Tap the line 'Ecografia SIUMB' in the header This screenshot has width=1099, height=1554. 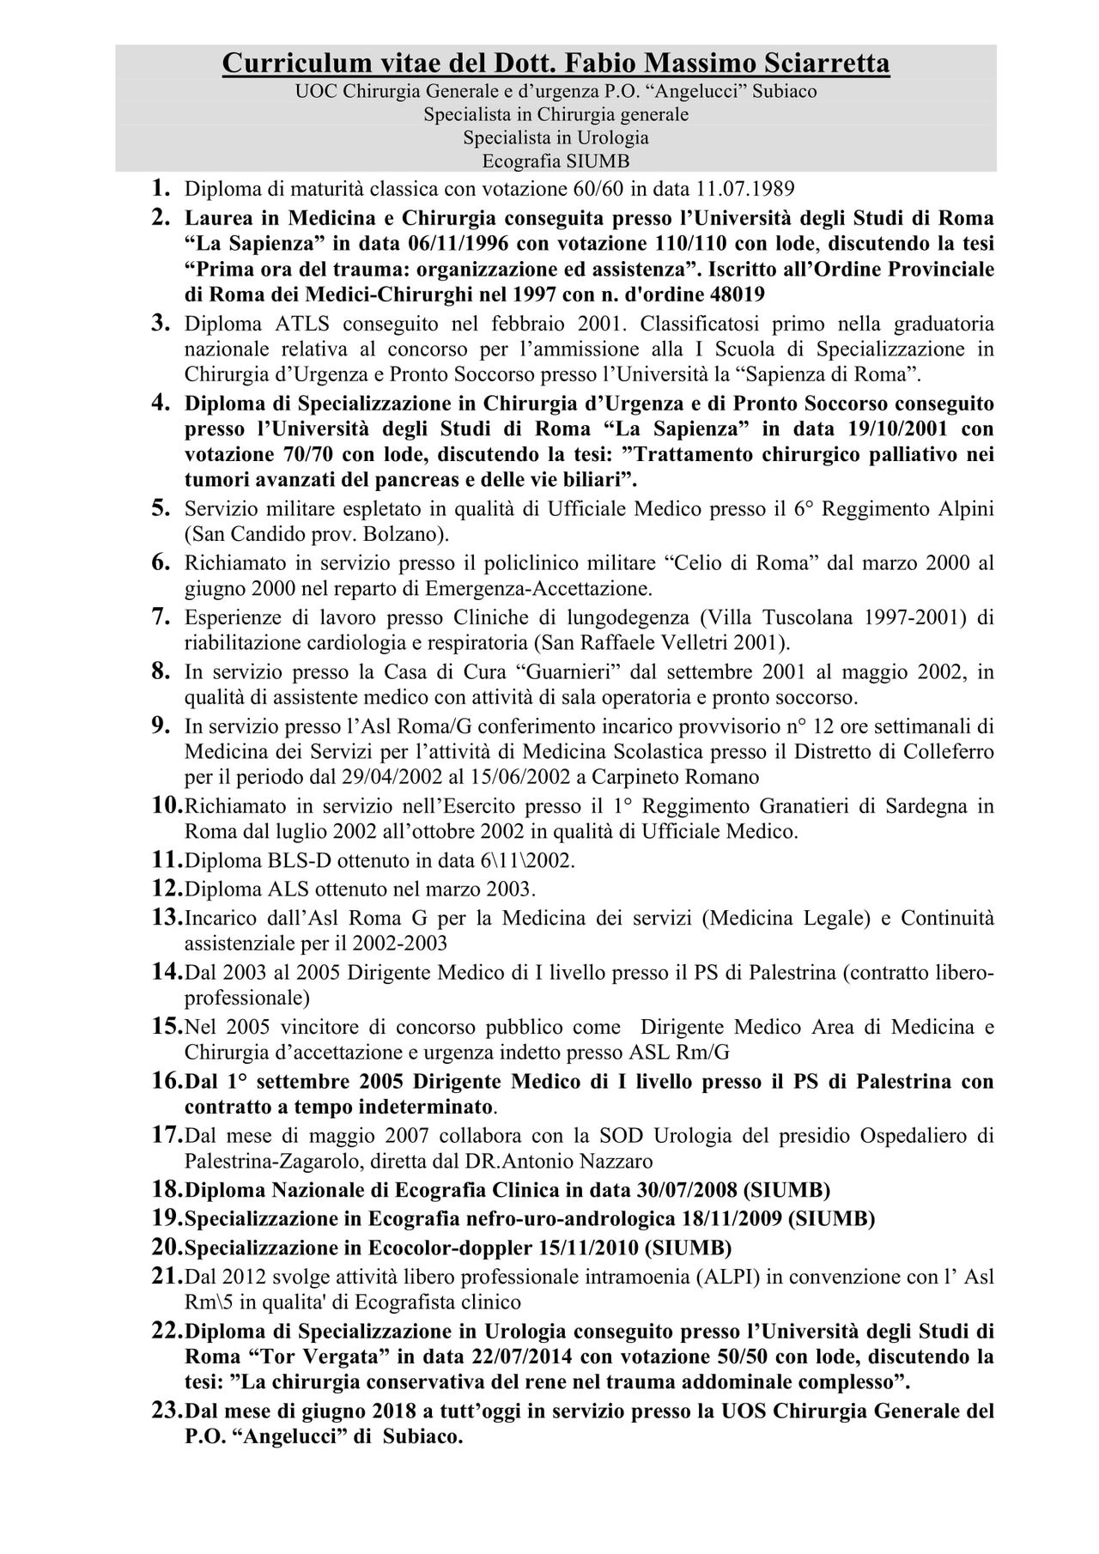pyautogui.click(x=556, y=161)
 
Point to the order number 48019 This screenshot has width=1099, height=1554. pyautogui.click(x=736, y=293)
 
